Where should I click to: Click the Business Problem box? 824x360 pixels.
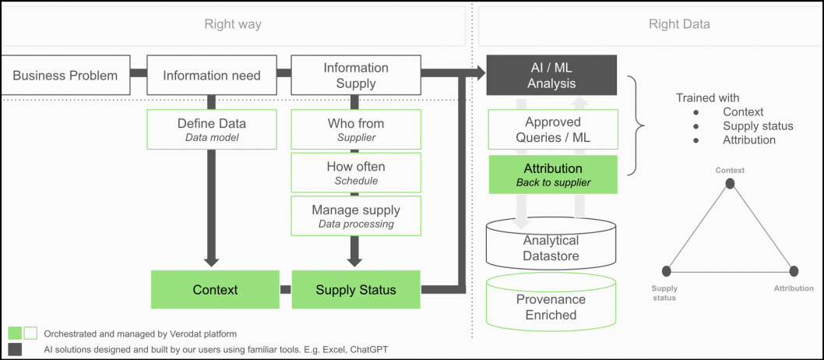click(x=65, y=75)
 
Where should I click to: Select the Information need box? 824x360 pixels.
click(x=211, y=75)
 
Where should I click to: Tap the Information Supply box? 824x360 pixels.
click(x=356, y=75)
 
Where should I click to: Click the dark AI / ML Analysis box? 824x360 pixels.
click(x=551, y=75)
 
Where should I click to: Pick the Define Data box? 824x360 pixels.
click(x=211, y=129)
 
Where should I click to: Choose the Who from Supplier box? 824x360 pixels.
click(x=356, y=129)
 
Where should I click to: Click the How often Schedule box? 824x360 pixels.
click(x=356, y=172)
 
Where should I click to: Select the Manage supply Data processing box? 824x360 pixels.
click(x=356, y=216)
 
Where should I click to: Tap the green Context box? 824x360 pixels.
click(x=215, y=289)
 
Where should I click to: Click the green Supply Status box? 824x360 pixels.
click(x=356, y=289)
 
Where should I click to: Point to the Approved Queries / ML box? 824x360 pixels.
click(x=553, y=129)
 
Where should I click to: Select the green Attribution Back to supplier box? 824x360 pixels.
click(x=553, y=175)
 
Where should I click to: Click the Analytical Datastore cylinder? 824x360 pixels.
click(x=551, y=244)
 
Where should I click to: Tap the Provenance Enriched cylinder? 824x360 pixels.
click(x=551, y=301)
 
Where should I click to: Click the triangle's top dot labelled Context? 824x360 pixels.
click(x=730, y=183)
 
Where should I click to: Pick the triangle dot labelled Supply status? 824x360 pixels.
click(x=667, y=271)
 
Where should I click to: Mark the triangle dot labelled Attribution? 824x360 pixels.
click(x=794, y=271)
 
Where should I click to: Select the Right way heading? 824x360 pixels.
click(x=233, y=24)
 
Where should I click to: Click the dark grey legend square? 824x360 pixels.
click(x=16, y=350)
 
